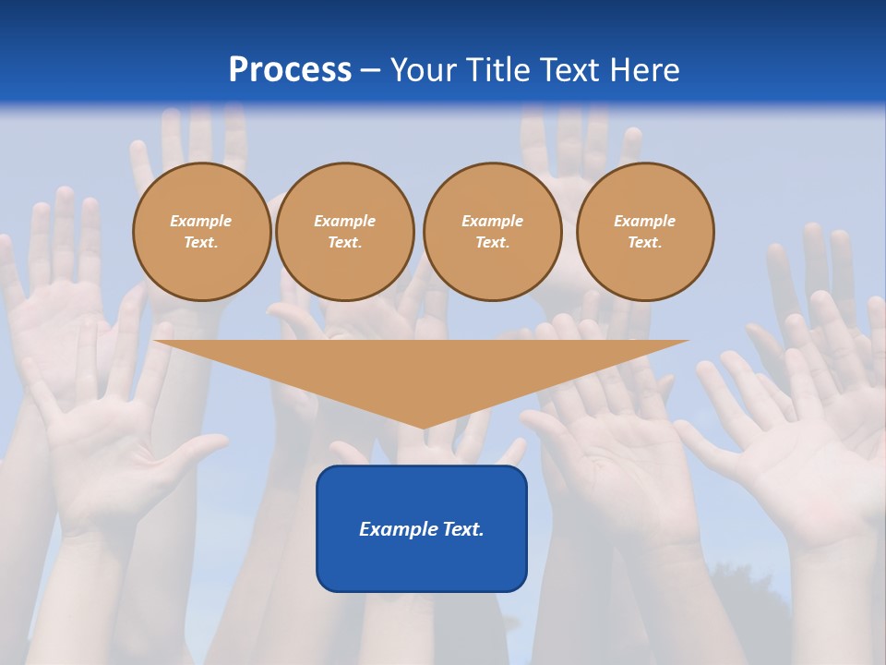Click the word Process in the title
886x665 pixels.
click(x=290, y=70)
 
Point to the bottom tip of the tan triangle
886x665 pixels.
click(x=424, y=427)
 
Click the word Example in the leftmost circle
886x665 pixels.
click(x=201, y=221)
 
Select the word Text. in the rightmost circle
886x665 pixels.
click(x=644, y=242)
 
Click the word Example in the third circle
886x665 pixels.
click(x=492, y=221)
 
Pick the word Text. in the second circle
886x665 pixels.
click(x=344, y=242)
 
